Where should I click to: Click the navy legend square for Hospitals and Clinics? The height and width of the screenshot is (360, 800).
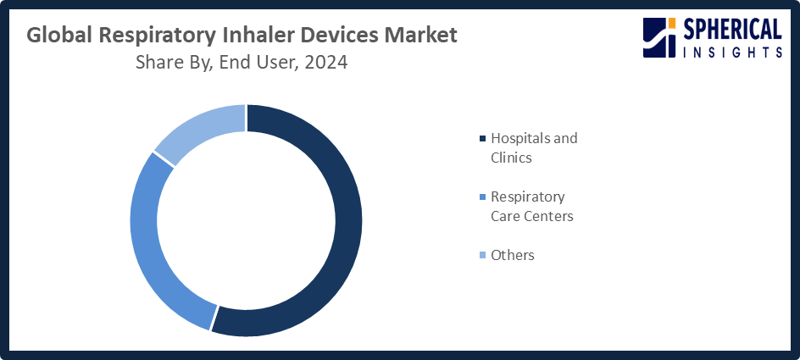[483, 138]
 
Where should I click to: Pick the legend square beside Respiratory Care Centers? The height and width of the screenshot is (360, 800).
[483, 197]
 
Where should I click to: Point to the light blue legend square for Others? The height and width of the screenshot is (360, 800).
[483, 255]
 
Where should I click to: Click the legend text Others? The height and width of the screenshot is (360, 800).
[513, 255]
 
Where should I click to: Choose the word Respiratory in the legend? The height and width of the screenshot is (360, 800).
[528, 197]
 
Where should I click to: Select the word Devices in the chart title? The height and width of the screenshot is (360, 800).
[351, 36]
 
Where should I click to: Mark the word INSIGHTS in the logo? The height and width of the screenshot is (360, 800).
[732, 53]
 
